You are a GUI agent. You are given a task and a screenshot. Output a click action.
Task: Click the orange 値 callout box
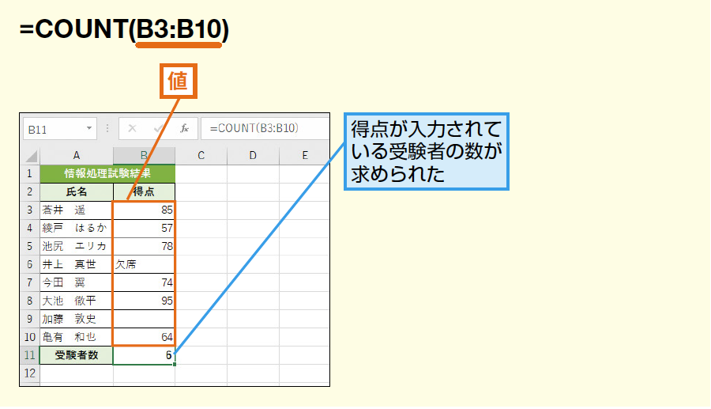[179, 81]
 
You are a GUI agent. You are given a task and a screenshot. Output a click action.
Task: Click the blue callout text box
[427, 152]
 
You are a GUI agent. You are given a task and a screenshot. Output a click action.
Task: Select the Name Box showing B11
[59, 129]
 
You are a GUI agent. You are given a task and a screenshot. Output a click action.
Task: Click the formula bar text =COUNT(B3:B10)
[254, 128]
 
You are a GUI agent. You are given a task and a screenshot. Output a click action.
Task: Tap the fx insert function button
[184, 128]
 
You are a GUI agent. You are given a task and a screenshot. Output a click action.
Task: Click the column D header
[253, 156]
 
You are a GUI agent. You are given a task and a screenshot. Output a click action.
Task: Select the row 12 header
[30, 373]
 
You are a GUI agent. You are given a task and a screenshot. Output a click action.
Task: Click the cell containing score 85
[145, 210]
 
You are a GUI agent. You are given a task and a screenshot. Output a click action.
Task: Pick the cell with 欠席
[145, 264]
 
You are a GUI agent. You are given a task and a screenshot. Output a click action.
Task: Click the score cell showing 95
[145, 301]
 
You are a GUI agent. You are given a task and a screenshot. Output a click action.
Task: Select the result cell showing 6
[145, 355]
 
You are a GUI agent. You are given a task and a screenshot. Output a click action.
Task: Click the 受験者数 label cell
[77, 355]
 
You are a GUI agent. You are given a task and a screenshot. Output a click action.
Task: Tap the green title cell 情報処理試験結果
[107, 173]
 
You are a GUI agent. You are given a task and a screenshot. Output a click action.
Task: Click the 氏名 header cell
[77, 191]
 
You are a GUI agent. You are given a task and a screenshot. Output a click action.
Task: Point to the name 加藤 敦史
[70, 319]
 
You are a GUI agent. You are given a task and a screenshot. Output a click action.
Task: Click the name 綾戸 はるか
[75, 228]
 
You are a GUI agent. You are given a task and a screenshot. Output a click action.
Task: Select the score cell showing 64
[145, 337]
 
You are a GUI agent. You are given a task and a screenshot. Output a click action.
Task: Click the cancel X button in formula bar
[132, 128]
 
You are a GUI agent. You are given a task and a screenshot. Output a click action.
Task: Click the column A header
[77, 156]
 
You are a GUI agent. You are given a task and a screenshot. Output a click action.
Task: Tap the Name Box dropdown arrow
[89, 128]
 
